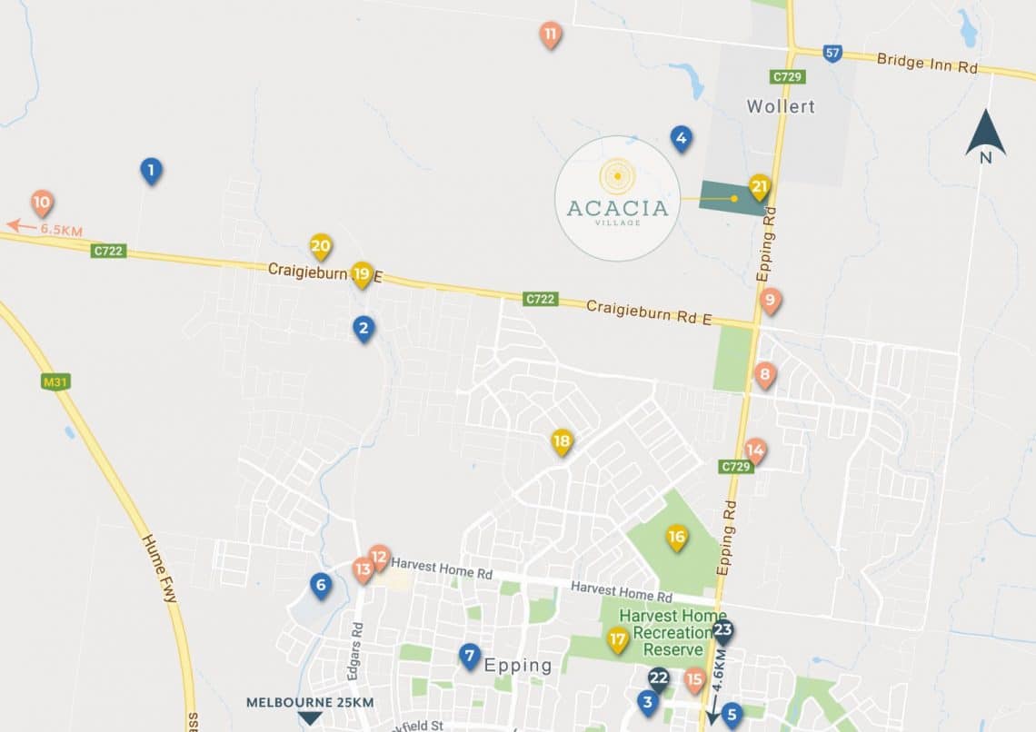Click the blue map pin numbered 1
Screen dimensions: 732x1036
151,170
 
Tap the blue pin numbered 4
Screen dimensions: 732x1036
681,138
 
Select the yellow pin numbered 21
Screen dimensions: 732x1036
760,187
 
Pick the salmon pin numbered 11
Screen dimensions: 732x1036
550,35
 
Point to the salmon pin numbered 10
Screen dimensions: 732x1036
42,203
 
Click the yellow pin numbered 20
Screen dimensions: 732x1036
320,246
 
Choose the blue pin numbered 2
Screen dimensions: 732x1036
364,329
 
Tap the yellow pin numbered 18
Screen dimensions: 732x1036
563,442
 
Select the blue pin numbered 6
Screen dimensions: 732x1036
320,585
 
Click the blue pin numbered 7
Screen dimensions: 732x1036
469,656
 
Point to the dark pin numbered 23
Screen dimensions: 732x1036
723,631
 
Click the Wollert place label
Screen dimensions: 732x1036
781,106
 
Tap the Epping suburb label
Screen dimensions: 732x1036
518,665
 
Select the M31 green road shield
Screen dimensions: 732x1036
55,382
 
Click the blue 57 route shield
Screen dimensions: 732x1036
832,54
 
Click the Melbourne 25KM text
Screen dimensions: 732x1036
310,703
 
